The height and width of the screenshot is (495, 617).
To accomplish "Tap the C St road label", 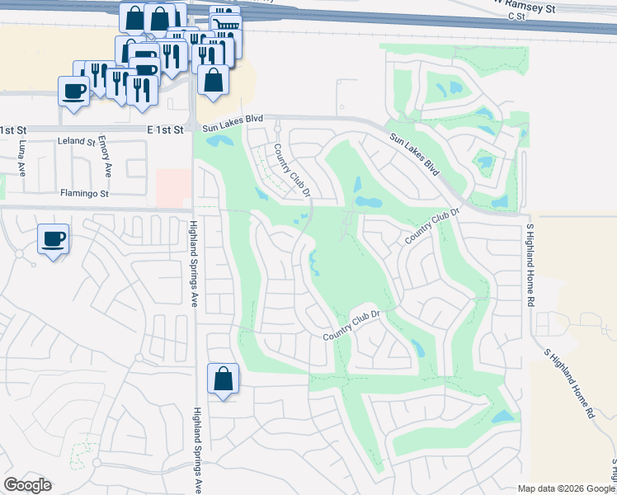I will tap(517, 16).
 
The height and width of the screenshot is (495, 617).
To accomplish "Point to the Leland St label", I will tap(77, 142).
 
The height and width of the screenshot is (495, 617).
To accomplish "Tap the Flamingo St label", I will tap(84, 194).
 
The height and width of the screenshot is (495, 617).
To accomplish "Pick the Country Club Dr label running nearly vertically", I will tap(292, 171).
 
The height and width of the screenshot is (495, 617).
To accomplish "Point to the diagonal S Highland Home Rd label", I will tap(570, 384).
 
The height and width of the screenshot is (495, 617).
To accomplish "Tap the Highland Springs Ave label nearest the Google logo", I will tap(197, 450).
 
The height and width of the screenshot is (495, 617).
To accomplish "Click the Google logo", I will tap(27, 485).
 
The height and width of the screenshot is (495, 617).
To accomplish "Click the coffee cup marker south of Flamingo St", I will tap(54, 240).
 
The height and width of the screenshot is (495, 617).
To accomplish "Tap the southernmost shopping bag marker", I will tap(223, 379).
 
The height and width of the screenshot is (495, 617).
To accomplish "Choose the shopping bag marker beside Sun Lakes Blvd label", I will tap(214, 81).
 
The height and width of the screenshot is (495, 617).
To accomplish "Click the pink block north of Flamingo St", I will tap(172, 188).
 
